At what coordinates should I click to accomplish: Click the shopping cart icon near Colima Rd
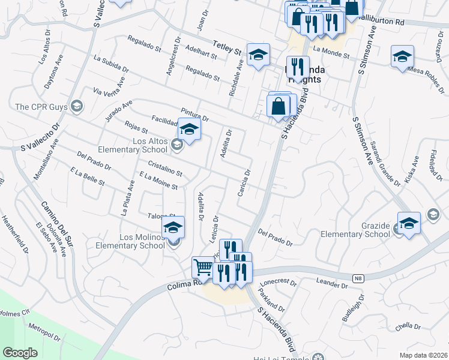(x=203, y=267)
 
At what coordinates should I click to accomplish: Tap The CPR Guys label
(x=40, y=107)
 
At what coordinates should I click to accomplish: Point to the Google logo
(x=20, y=352)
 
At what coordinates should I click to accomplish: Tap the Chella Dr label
(x=408, y=327)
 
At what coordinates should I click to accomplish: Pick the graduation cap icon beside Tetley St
(x=258, y=55)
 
